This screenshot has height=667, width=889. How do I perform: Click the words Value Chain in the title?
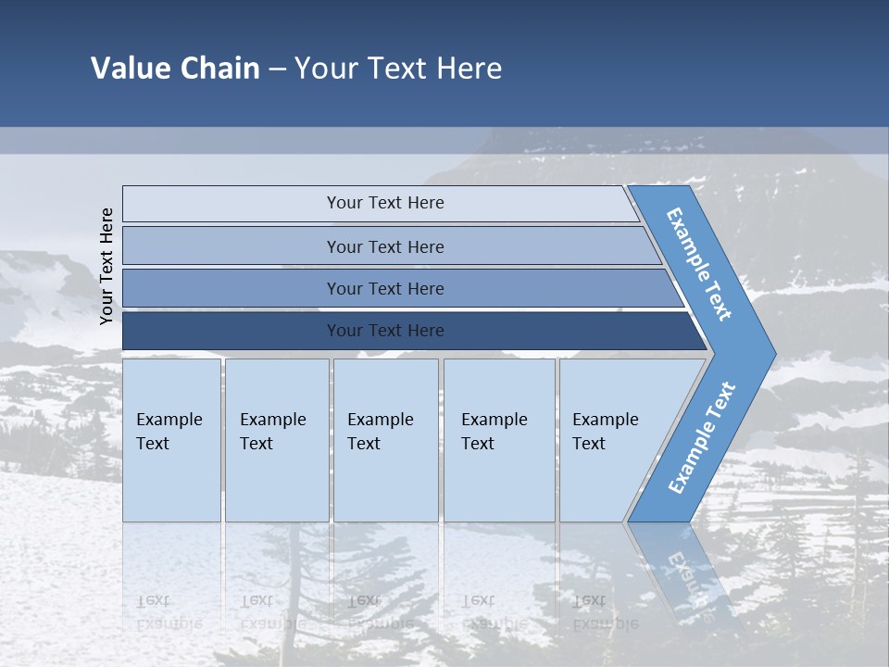tap(175, 69)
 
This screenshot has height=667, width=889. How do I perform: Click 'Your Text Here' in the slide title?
tap(398, 69)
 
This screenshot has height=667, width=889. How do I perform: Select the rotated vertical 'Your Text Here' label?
tap(106, 265)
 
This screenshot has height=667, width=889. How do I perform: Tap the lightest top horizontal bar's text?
tap(385, 203)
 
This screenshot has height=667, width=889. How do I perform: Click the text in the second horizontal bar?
tap(385, 247)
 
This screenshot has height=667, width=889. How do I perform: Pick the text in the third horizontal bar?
tap(385, 289)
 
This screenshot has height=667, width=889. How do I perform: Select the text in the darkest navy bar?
tap(385, 331)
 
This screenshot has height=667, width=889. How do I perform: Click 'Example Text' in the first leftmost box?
tap(169, 432)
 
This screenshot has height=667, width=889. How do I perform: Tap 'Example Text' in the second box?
tap(272, 432)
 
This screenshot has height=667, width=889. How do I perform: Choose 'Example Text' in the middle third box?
tap(380, 432)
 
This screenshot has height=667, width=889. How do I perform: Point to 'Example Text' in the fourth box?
tap(494, 432)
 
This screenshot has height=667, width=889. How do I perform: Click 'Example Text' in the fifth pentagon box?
tap(605, 432)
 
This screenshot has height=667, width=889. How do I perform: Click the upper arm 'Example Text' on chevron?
tap(699, 264)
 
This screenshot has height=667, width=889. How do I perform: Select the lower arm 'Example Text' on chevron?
tap(701, 438)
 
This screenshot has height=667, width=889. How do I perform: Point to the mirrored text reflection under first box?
tap(169, 610)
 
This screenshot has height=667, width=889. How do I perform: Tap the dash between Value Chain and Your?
tap(277, 69)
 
